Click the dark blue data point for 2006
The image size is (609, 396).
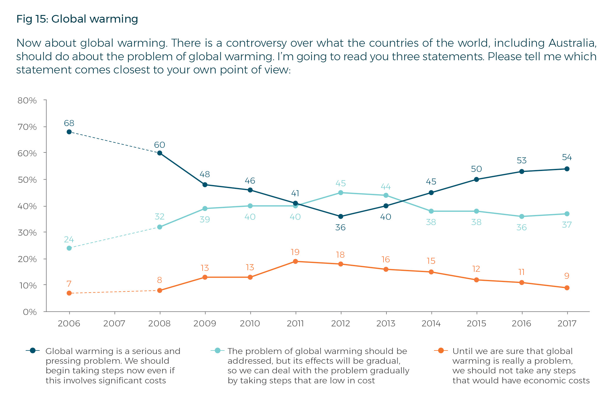[x=69, y=132]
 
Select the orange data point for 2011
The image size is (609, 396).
[x=295, y=261]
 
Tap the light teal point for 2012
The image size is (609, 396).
[x=341, y=193]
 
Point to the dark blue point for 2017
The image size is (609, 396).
[x=567, y=169]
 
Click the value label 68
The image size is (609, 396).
[x=69, y=123]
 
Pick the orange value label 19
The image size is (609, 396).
[x=295, y=252]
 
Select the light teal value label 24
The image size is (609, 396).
[x=69, y=239]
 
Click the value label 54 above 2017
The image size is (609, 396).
[x=567, y=157]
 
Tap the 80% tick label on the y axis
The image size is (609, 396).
[x=27, y=100]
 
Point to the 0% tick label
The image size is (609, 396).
[x=30, y=312]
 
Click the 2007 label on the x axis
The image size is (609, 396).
[x=114, y=323]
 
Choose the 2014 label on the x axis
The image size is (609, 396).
[x=431, y=323]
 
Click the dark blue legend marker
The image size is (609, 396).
[x=33, y=350]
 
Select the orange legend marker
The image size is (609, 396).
[x=441, y=350]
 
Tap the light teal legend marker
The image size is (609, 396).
[x=218, y=350]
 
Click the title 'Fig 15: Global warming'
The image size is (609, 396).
[x=77, y=19]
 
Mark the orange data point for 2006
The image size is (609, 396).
[x=69, y=293]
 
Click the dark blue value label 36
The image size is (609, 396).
[x=340, y=227]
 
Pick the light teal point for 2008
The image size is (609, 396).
[x=160, y=227]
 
